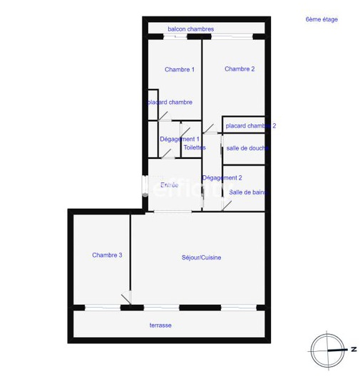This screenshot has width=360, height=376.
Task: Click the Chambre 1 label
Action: pos(180,69)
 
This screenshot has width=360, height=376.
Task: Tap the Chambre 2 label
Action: pos(240,69)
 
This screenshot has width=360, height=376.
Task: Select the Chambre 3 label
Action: pos(107,255)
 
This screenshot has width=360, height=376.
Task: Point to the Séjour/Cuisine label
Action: pos(201,257)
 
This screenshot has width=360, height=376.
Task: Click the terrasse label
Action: pos(160,325)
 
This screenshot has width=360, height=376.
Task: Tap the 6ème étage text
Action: pos(322,19)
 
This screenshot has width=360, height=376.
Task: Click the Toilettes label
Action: pos(195,147)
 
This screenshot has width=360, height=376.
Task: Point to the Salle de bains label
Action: pos(249,192)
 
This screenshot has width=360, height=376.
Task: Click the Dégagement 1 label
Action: pos(179,139)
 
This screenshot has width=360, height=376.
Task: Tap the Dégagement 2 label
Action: pos(222,177)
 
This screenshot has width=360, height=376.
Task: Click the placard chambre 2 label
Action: pos(250,125)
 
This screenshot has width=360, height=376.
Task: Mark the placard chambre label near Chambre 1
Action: pos(170,103)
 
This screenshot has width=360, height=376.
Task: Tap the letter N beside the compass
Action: pos(353,350)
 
